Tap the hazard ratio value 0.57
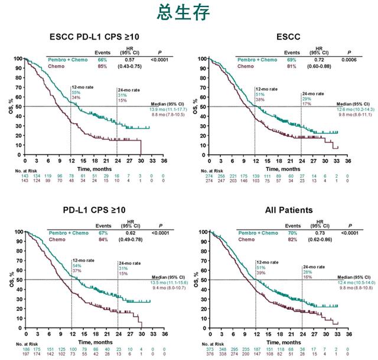(129, 60)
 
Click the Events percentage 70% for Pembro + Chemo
(292, 233)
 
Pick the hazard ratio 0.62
(129, 233)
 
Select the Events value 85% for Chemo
(102, 67)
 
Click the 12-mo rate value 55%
(76, 93)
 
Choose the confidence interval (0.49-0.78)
(129, 240)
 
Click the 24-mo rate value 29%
(305, 98)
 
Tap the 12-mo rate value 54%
(76, 266)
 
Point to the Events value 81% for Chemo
(292, 67)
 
